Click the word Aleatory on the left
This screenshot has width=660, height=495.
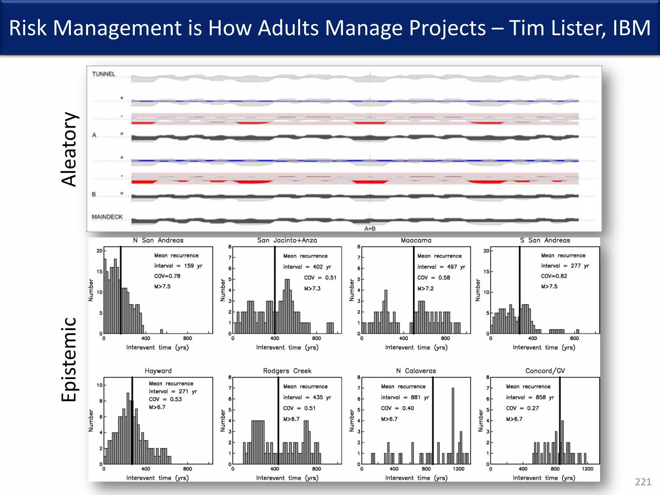69,149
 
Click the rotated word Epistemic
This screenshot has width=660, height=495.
69,359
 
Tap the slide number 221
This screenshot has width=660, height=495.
643,482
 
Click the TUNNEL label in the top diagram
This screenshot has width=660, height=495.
103,74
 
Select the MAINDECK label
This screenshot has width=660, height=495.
107,217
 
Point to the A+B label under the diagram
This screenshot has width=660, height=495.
370,228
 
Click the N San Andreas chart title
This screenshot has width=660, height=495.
158,240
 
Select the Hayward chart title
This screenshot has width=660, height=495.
158,371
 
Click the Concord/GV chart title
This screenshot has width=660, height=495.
545,371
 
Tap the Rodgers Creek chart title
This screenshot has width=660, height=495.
287,371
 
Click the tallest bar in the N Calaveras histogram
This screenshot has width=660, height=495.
453,425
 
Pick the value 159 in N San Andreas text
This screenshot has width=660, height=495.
189,266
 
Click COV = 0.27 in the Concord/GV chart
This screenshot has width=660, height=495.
522,408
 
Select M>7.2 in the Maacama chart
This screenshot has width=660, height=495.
425,288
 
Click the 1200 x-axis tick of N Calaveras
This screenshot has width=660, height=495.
458,469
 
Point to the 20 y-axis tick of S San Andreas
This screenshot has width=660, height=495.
486,251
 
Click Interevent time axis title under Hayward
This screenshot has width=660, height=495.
157,478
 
